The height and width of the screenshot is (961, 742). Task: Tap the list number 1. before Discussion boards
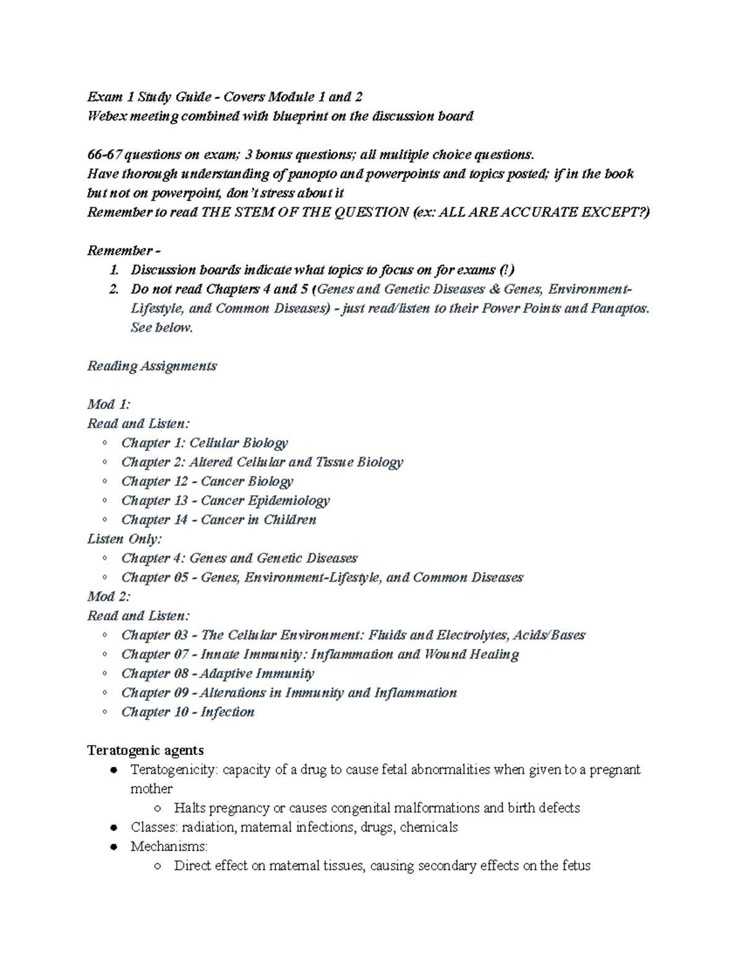(113, 270)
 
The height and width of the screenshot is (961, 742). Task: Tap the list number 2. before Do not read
(113, 290)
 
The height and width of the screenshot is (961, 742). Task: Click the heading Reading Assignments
(152, 366)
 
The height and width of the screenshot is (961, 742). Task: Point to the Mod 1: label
(109, 405)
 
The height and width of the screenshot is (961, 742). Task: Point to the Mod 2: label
(109, 597)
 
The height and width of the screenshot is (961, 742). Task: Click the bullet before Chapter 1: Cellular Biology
(106, 443)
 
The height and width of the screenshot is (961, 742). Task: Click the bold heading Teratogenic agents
(145, 751)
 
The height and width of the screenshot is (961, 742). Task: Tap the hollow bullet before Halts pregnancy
(158, 808)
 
